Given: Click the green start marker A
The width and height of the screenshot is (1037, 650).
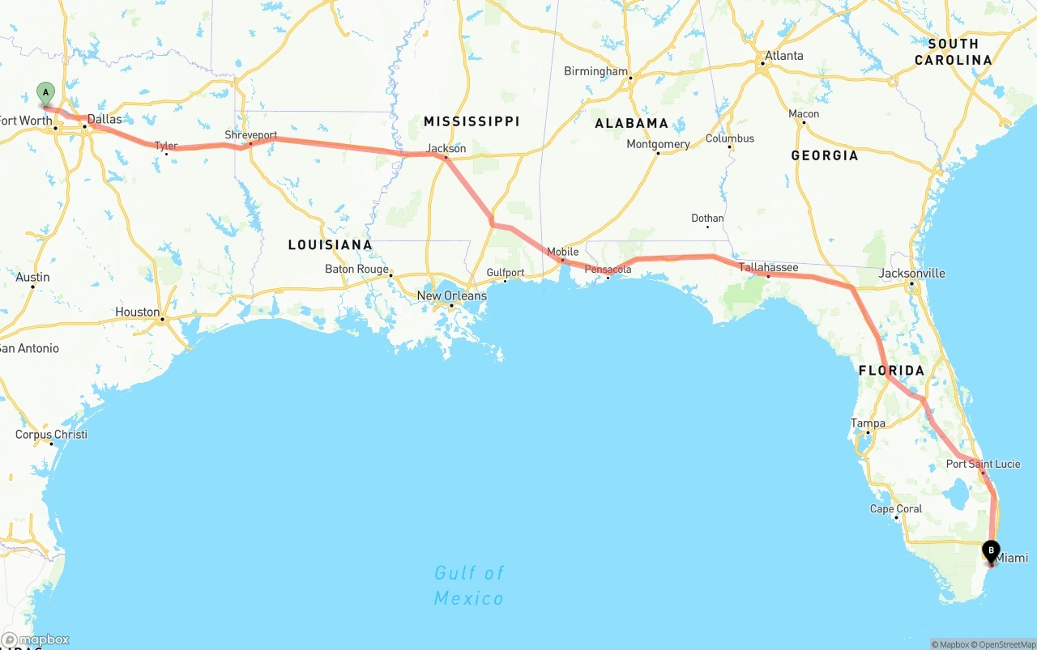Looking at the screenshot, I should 45,92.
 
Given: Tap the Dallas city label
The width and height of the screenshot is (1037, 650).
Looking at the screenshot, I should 105,120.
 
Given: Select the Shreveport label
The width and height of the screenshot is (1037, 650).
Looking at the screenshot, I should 251,135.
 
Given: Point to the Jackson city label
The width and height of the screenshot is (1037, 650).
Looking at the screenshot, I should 446,149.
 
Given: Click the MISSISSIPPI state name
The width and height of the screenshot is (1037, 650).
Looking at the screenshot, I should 472,121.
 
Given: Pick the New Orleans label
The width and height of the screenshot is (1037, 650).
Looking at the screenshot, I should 452,296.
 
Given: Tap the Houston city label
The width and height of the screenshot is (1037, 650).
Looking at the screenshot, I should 137,312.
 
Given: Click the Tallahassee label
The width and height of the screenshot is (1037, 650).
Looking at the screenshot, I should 768,268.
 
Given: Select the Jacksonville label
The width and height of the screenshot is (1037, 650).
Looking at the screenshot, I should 911,274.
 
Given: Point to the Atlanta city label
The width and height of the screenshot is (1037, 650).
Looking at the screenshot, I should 782,56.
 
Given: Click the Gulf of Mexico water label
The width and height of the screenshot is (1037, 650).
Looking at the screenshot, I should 469,585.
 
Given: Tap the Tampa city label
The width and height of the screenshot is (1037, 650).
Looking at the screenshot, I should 868,423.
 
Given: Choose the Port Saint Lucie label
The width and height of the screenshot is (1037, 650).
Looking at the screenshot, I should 983,464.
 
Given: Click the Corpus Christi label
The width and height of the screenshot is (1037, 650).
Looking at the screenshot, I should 51,435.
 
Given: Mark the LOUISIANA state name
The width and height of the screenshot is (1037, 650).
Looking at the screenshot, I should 330,245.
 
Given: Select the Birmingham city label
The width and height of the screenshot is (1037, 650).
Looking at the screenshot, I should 595,71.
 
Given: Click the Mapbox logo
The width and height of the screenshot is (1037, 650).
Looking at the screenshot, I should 36,640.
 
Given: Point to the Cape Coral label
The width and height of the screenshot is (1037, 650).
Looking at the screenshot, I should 895,509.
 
